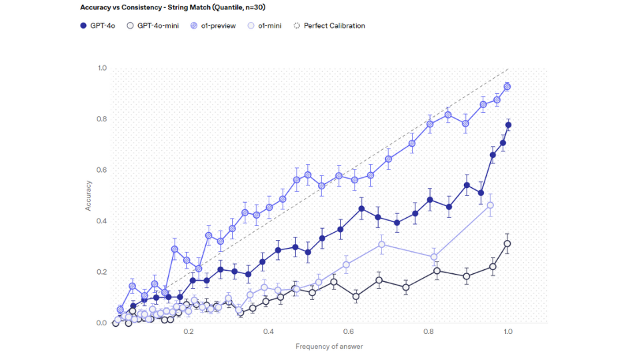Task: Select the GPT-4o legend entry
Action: tap(98, 26)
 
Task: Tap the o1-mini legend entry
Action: tap(265, 26)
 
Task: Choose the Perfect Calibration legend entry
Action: tap(329, 26)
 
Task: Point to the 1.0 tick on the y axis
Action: tap(102, 68)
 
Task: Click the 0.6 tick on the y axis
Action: tap(102, 170)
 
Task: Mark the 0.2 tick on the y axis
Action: tap(102, 272)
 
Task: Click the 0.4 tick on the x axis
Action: tap(269, 331)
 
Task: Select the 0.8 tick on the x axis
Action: tap(428, 331)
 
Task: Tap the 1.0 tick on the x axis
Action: tap(508, 331)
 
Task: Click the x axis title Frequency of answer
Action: tap(329, 347)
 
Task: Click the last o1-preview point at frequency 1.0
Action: tap(507, 87)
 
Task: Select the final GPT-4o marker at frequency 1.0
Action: tap(508, 125)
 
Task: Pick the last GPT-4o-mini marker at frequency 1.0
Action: tap(507, 244)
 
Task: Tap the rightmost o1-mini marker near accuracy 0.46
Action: tap(491, 205)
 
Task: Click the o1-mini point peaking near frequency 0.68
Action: tap(381, 245)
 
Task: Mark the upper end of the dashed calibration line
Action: tap(508, 69)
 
